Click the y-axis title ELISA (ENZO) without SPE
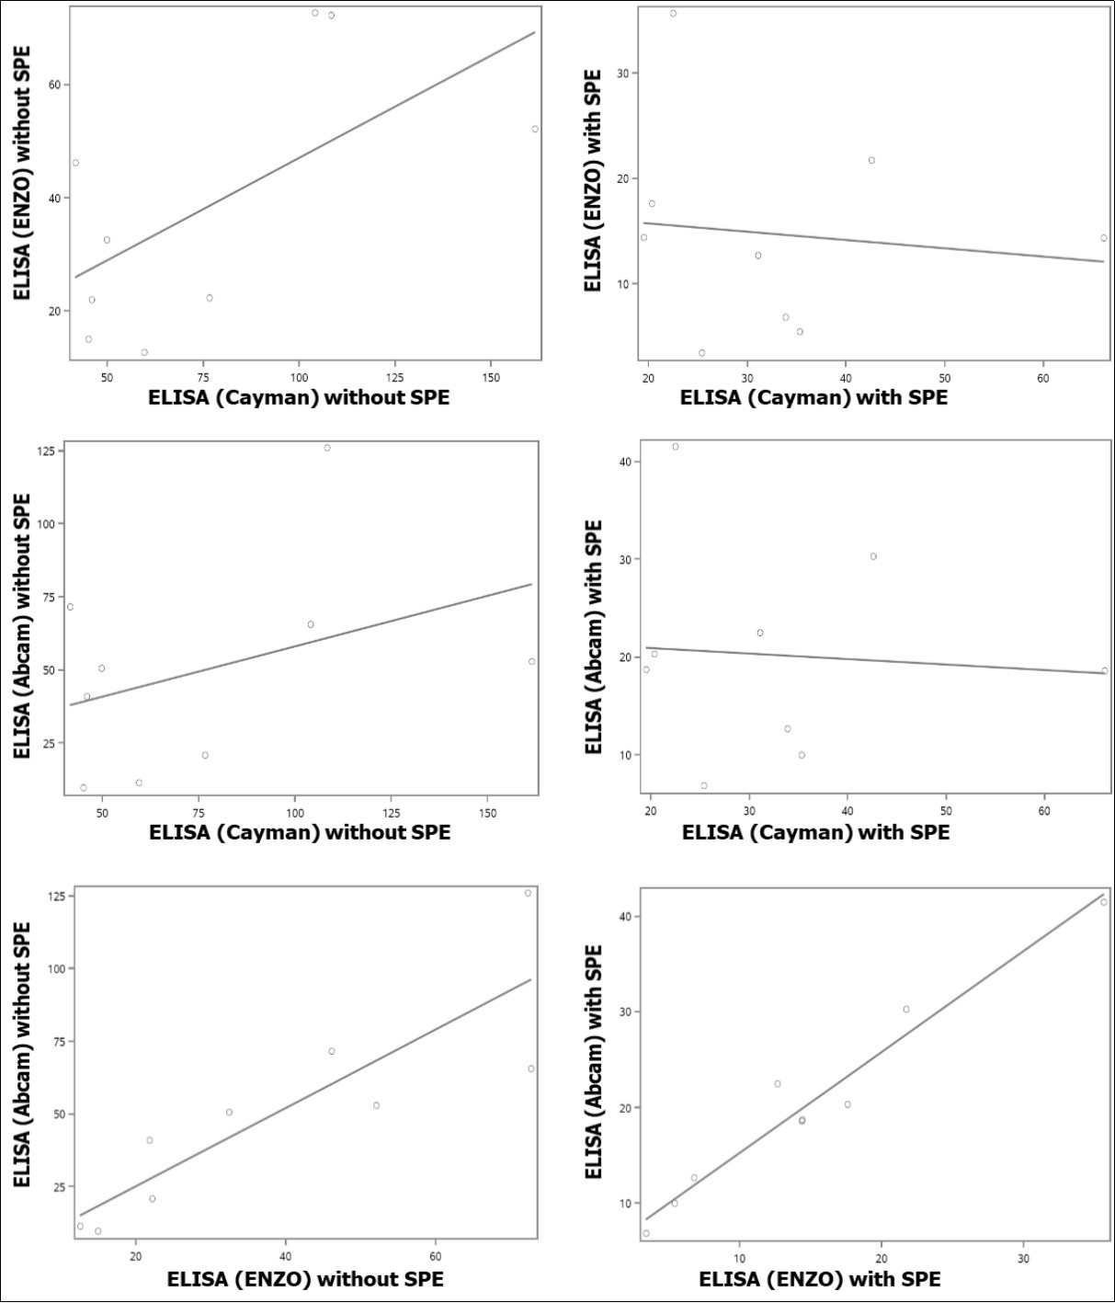(x=22, y=172)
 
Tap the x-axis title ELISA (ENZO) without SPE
(x=305, y=1279)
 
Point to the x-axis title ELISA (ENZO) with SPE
(x=819, y=1279)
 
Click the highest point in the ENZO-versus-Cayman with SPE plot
(x=673, y=14)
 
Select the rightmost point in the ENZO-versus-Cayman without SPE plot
(x=535, y=129)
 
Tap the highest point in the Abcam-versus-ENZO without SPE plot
(x=528, y=893)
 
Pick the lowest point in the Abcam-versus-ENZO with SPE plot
(x=646, y=1233)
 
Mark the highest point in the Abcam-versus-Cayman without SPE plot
(x=327, y=448)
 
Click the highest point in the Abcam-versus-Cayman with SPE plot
(x=676, y=447)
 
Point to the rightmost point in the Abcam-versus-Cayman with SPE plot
(x=1105, y=670)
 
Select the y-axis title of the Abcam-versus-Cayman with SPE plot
(x=594, y=636)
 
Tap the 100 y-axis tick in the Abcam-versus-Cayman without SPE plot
(x=47, y=524)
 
